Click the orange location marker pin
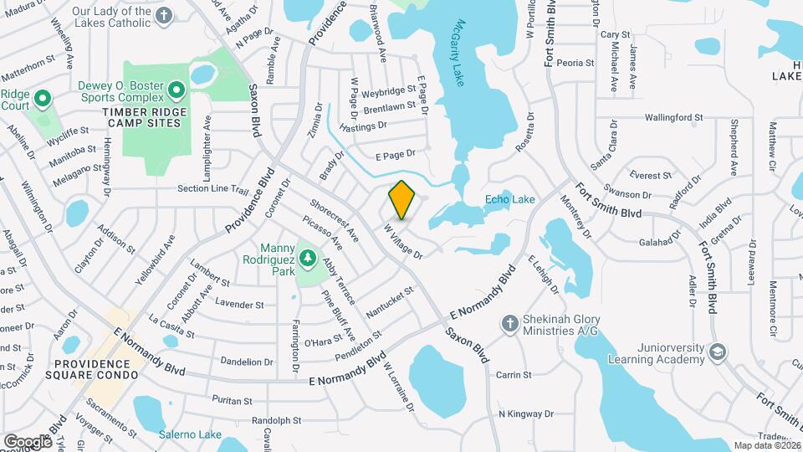point(402,200)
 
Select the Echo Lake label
point(509,199)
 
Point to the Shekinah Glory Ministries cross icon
point(509,323)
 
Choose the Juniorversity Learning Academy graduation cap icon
point(717,352)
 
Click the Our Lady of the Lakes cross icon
point(164,16)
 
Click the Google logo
point(27,441)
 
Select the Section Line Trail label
point(213,189)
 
